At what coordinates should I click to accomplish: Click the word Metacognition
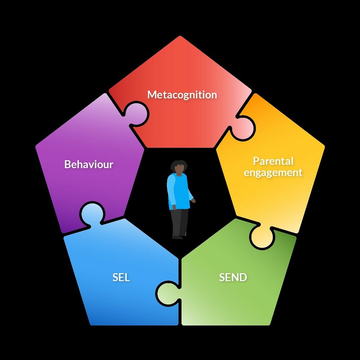click(x=182, y=95)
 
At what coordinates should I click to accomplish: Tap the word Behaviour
click(x=89, y=164)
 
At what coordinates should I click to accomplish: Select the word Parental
click(x=273, y=161)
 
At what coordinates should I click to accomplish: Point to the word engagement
click(x=273, y=172)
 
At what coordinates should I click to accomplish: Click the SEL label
click(x=121, y=277)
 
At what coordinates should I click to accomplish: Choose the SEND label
click(x=233, y=277)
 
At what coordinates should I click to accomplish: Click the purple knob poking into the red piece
click(x=137, y=114)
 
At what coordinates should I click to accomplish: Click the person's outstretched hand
click(x=193, y=200)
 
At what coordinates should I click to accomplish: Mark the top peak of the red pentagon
click(x=180, y=36)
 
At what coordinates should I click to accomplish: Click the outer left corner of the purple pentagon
click(x=36, y=146)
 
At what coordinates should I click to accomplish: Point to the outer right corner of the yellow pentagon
click(x=325, y=146)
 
